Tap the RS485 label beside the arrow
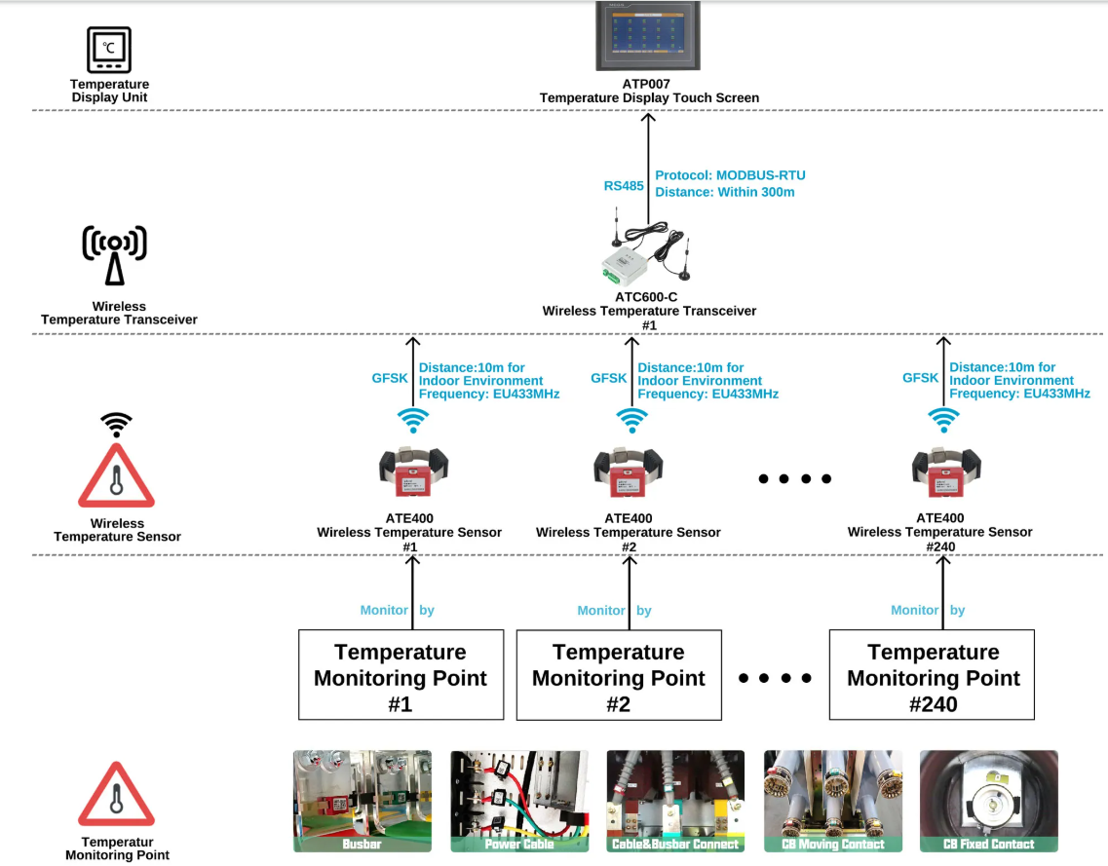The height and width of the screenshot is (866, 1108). click(x=624, y=185)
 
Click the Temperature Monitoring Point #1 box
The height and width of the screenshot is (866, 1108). click(x=401, y=675)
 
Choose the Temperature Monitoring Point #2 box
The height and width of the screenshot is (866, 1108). click(x=619, y=675)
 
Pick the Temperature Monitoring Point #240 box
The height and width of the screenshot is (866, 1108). click(x=933, y=675)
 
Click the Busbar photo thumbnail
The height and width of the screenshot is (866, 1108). click(x=363, y=801)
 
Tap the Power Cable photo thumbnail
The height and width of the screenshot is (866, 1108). click(x=519, y=801)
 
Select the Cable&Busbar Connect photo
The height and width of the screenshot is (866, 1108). click(x=675, y=801)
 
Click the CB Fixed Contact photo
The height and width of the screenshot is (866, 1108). click(x=989, y=801)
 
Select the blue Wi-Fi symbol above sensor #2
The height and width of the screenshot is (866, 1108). click(x=630, y=419)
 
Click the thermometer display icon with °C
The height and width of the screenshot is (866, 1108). click(x=109, y=50)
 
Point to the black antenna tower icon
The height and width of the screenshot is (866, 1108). click(x=115, y=255)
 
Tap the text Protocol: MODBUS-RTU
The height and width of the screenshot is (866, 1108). click(x=730, y=175)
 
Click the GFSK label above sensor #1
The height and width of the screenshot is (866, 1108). click(x=390, y=378)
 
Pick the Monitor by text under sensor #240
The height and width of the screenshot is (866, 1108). click(x=928, y=610)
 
